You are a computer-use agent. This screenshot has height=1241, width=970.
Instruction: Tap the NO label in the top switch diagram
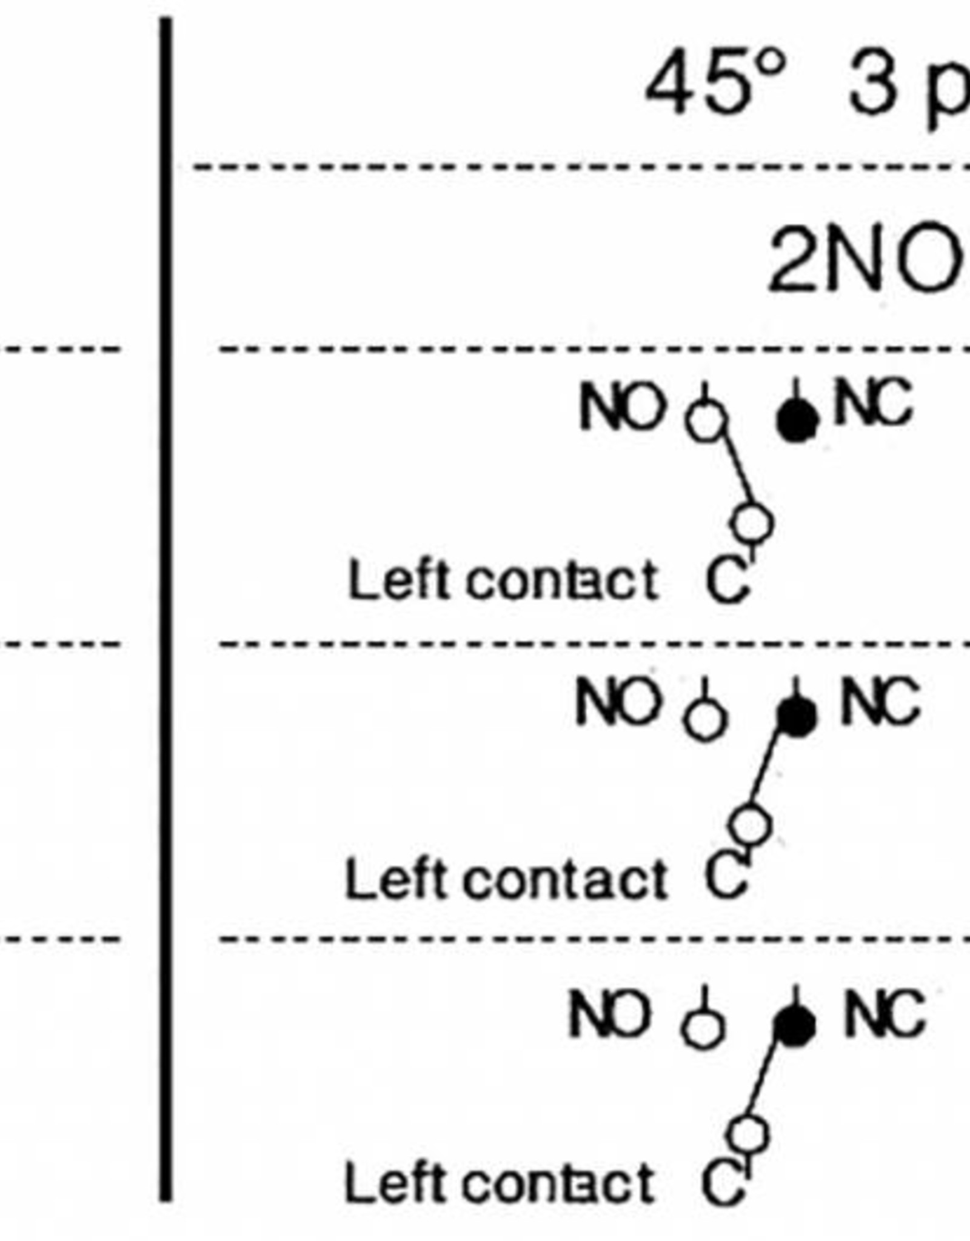click(620, 407)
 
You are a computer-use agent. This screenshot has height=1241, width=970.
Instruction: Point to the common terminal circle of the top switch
click(754, 522)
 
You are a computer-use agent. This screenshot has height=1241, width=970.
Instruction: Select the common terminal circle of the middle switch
click(751, 824)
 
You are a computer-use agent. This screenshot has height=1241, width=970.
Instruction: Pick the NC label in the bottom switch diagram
click(884, 1014)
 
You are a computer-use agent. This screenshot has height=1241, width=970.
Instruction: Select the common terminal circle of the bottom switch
click(749, 1133)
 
